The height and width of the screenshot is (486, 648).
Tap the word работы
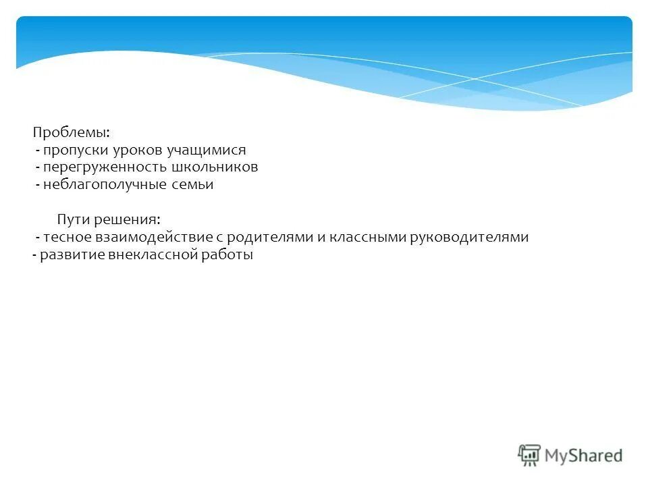tap(227, 255)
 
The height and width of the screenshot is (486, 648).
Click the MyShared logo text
tap(583, 456)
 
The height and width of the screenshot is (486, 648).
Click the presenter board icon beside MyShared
tap(529, 454)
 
